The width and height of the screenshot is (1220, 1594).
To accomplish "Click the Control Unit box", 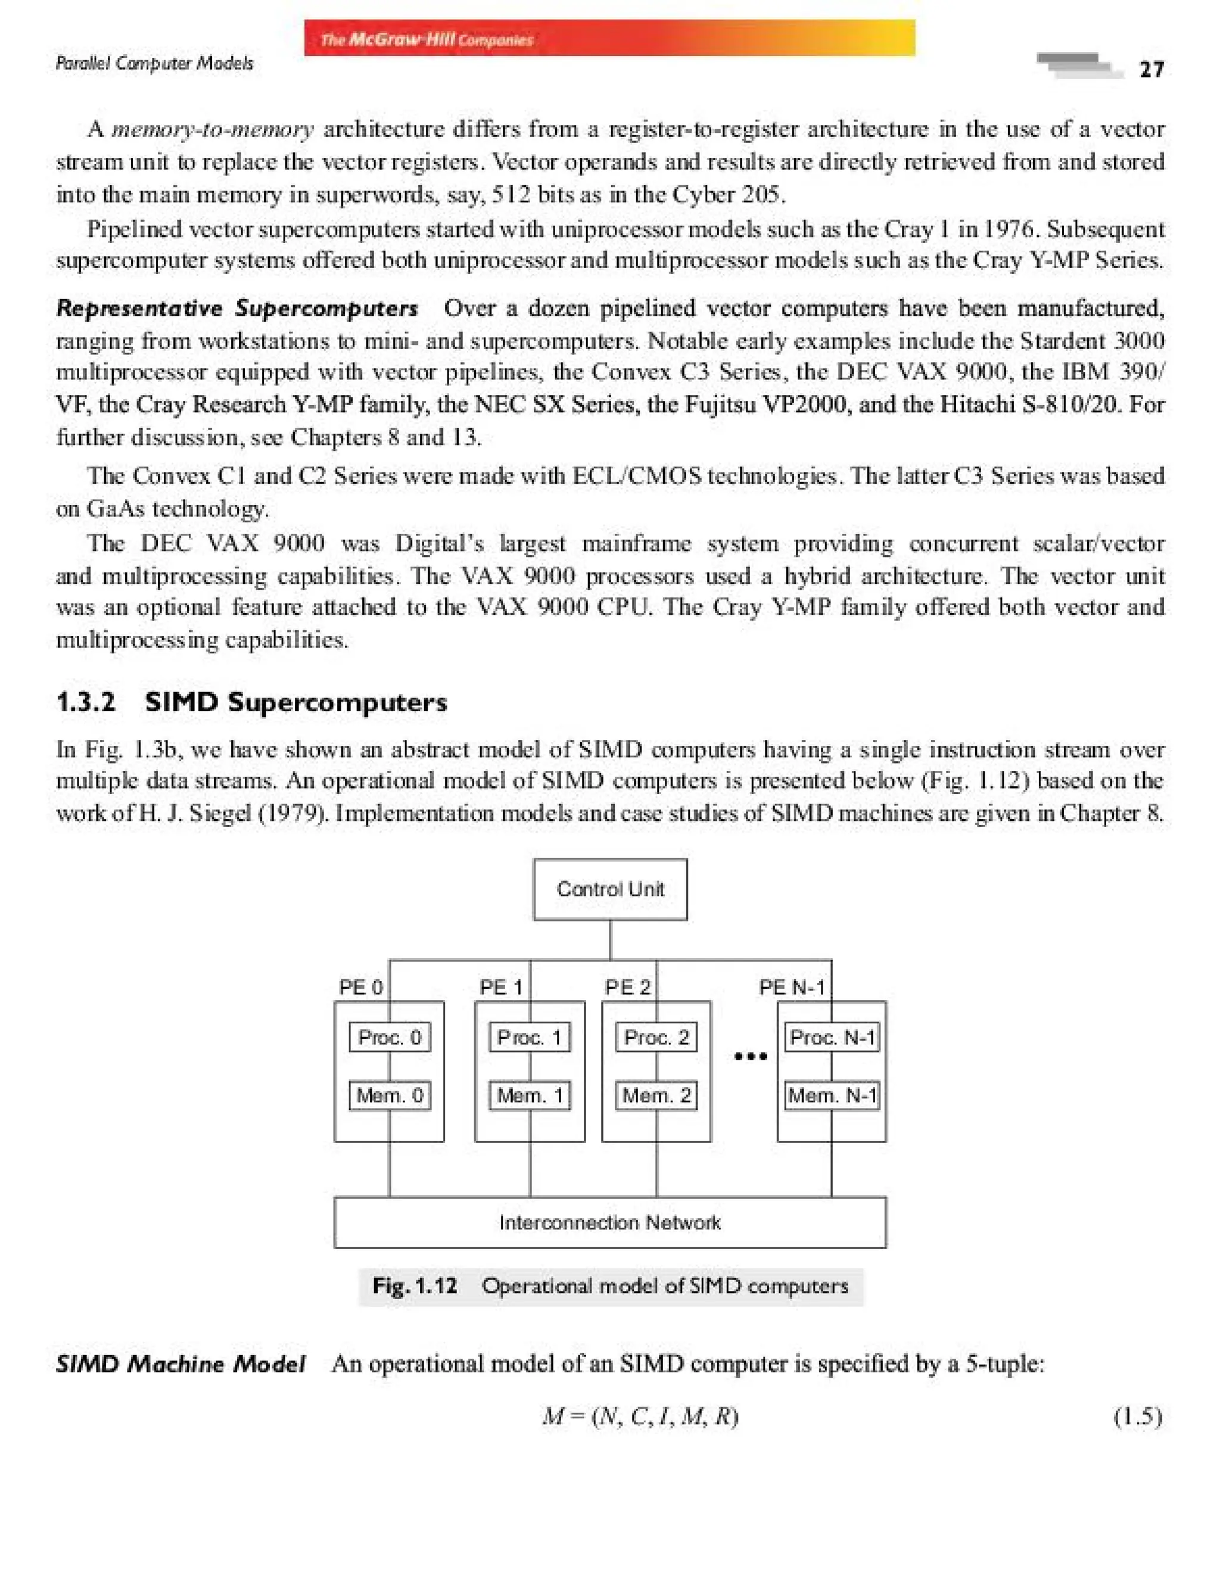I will pyautogui.click(x=610, y=889).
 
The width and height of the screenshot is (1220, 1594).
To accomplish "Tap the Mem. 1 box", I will pyautogui.click(x=530, y=1095).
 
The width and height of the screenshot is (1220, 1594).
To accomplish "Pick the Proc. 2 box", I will pyautogui.click(x=656, y=1037).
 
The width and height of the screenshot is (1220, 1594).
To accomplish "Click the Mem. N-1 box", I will pyautogui.click(x=832, y=1095).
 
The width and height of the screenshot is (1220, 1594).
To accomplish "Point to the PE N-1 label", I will pyautogui.click(x=792, y=988).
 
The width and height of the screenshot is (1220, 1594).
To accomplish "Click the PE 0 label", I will pyautogui.click(x=360, y=988).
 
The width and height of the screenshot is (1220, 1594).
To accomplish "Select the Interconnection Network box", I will pyautogui.click(x=610, y=1223).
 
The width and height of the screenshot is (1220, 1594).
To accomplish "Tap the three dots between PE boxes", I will pyautogui.click(x=750, y=1057).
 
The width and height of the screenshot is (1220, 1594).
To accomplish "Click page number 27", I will pyautogui.click(x=1151, y=70).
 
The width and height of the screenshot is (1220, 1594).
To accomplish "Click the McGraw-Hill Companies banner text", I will pyautogui.click(x=427, y=39).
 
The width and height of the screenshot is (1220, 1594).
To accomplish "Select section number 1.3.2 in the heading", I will pyautogui.click(x=86, y=702).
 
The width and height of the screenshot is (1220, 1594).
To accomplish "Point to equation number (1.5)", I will pyautogui.click(x=1138, y=1416).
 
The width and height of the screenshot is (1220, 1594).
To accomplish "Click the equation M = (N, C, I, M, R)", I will pyautogui.click(x=640, y=1416).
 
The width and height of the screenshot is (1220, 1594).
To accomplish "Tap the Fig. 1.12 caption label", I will pyautogui.click(x=415, y=1286).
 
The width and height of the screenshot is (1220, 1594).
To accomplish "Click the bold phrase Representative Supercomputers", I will pyautogui.click(x=236, y=309).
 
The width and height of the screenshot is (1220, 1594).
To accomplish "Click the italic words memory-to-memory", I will pyautogui.click(x=212, y=129).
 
